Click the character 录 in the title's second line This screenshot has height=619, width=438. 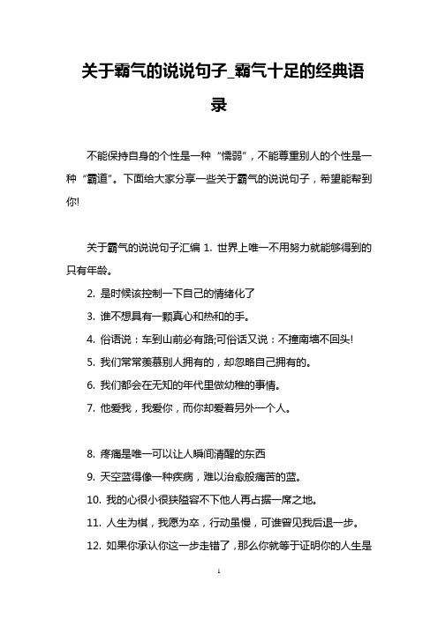coord(219,104)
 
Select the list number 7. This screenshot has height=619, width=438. coord(91,359)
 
